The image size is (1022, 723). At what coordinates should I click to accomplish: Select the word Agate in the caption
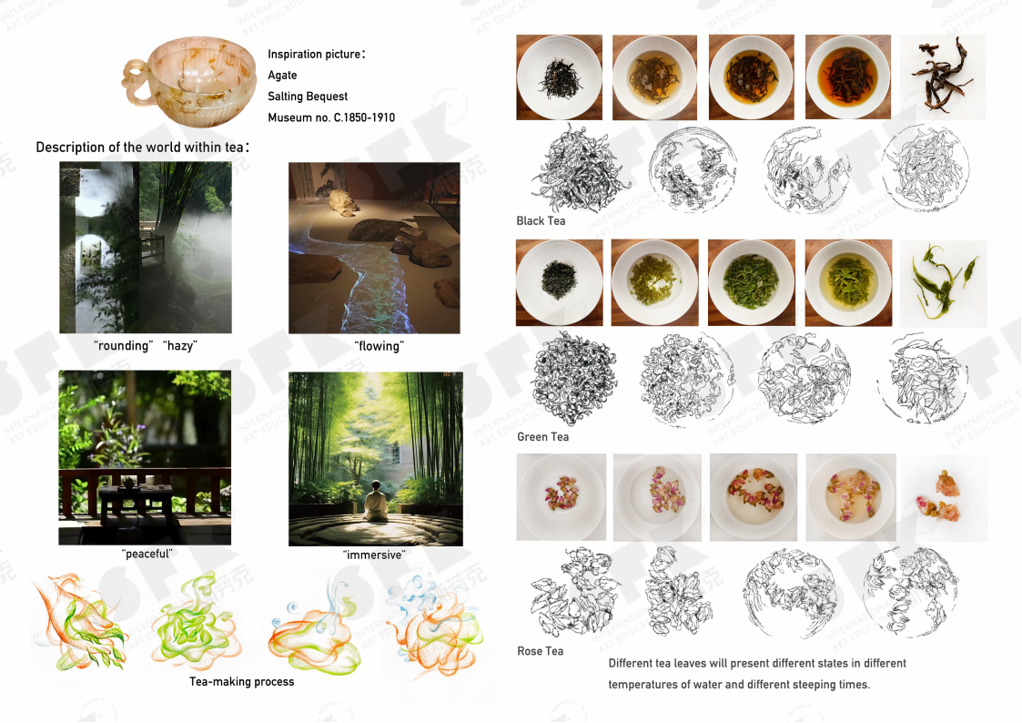[282, 75]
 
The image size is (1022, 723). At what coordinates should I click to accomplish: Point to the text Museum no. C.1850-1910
[331, 117]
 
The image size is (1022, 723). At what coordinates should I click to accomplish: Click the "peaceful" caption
[147, 554]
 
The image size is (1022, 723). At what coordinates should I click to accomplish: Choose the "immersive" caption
[374, 555]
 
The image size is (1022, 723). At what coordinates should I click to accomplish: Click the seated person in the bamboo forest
[376, 502]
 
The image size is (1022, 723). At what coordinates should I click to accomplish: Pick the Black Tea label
[541, 221]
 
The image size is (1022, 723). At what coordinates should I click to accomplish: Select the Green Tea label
[542, 437]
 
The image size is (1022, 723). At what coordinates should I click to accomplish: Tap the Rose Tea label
[540, 651]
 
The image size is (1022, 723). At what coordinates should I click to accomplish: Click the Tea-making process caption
[242, 681]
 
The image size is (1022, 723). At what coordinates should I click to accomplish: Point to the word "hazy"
[180, 345]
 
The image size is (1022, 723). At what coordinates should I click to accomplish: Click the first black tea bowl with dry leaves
[559, 76]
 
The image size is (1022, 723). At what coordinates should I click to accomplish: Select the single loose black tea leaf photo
[943, 76]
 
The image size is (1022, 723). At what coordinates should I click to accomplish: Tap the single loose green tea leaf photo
[943, 283]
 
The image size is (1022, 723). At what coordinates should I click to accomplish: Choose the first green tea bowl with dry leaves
[559, 282]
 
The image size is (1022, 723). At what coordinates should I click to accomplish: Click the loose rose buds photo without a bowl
[945, 497]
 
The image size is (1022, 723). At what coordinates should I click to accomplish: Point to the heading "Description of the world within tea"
[143, 148]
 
